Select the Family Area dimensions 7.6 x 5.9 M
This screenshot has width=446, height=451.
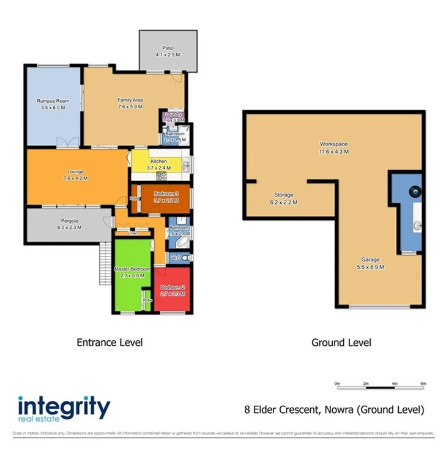[130, 106]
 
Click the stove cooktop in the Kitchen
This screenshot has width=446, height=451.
[162, 176]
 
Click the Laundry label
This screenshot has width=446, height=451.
[171, 114]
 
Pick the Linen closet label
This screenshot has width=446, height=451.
[133, 233]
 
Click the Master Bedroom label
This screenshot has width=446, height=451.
[132, 269]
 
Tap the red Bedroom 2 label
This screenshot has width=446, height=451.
[171, 287]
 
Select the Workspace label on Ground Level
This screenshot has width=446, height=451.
[333, 145]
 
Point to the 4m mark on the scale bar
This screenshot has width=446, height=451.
[395, 384]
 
